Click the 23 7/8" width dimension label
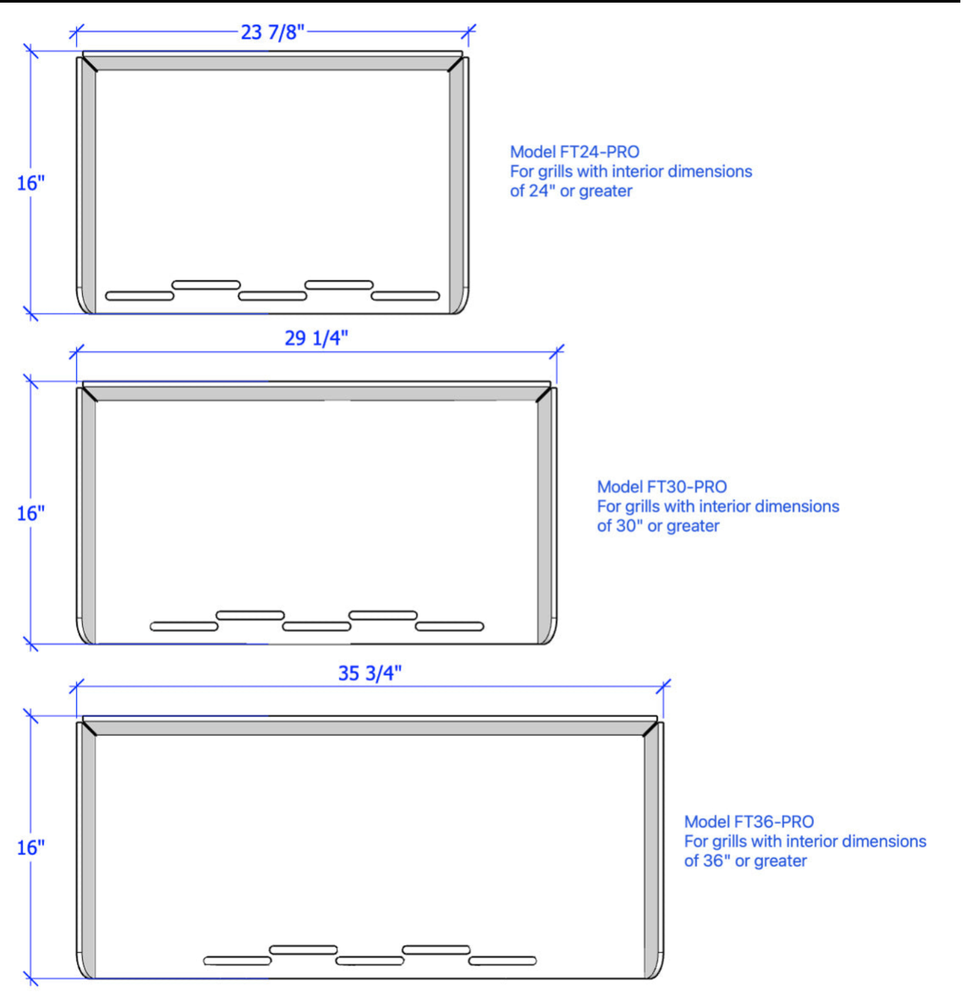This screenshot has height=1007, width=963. pos(273,32)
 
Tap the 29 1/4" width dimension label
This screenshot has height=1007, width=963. pos(316,338)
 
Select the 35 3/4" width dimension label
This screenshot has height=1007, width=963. pos(370,673)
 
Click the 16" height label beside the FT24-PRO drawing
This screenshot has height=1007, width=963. pos(31,183)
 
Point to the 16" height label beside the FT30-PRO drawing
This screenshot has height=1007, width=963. pos(31,513)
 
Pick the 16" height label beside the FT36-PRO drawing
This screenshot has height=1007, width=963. pos(31,848)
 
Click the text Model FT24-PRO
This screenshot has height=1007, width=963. pos(575,152)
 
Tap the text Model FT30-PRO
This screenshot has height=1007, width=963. pos(662,487)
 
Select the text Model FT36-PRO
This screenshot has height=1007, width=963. pos(749,822)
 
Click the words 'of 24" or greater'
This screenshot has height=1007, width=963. pos(571,191)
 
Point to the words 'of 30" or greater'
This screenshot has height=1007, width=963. pos(658,526)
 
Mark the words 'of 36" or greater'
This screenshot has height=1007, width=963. pos(746,861)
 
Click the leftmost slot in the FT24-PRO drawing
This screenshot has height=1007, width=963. pos(140,296)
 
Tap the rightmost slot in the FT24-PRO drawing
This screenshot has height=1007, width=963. pos(405,296)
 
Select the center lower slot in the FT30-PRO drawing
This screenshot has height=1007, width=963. pos(317,626)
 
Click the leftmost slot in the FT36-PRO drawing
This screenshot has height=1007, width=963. pos(237,961)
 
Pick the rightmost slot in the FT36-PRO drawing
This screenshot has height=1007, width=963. pos(503,961)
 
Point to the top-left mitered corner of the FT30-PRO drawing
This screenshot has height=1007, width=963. pos(89,394)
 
